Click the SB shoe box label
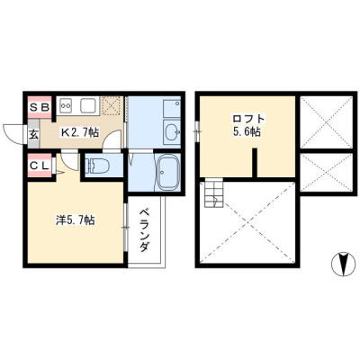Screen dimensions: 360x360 [x=40, y=107]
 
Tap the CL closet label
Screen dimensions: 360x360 [x=40, y=166]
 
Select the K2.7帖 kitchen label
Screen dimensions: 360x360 [x=79, y=132]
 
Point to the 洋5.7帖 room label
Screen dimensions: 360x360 [x=76, y=220]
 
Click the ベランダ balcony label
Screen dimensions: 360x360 [x=145, y=230]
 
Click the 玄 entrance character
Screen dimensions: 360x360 [x=33, y=135]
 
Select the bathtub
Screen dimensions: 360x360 [x=168, y=173]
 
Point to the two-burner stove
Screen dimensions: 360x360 [x=67, y=105]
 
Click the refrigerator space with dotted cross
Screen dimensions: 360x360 [x=112, y=105]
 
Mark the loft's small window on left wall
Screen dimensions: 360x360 [x=197, y=131]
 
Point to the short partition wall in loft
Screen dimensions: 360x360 [x=255, y=163]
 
